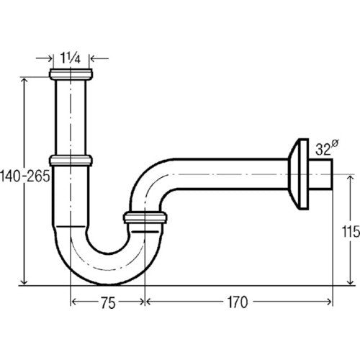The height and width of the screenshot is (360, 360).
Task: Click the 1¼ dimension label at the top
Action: (x=70, y=58)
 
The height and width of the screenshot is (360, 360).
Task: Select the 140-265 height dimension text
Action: (x=25, y=176)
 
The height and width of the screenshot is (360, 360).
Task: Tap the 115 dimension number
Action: (x=351, y=232)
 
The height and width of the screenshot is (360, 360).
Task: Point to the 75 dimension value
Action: (x=108, y=303)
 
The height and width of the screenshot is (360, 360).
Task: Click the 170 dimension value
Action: (x=238, y=302)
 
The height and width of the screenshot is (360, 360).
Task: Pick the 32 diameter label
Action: (x=326, y=148)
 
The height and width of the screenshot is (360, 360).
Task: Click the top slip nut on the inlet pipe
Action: (x=71, y=74)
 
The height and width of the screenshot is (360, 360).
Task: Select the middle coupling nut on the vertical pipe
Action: (x=71, y=161)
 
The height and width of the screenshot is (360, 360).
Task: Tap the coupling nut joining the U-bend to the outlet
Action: (x=145, y=217)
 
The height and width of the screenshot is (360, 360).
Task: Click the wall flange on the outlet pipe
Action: (x=298, y=174)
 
